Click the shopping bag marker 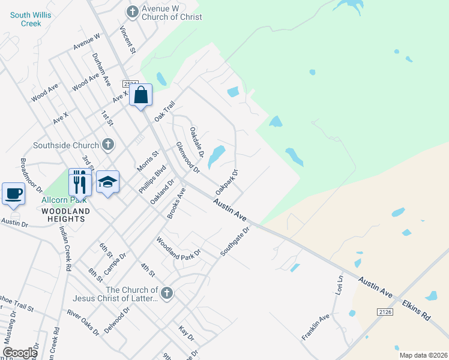pyautogui.click(x=140, y=95)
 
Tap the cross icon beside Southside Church pyautogui.click(x=107, y=145)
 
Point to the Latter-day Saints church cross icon pyautogui.click(x=167, y=293)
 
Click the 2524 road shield pyautogui.click(x=130, y=84)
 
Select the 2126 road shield pyautogui.click(x=385, y=312)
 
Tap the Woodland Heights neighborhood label pyautogui.click(x=65, y=215)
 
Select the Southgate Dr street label pyautogui.click(x=234, y=241)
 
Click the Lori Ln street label pyautogui.click(x=339, y=285)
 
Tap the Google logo pyautogui.click(x=20, y=353)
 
